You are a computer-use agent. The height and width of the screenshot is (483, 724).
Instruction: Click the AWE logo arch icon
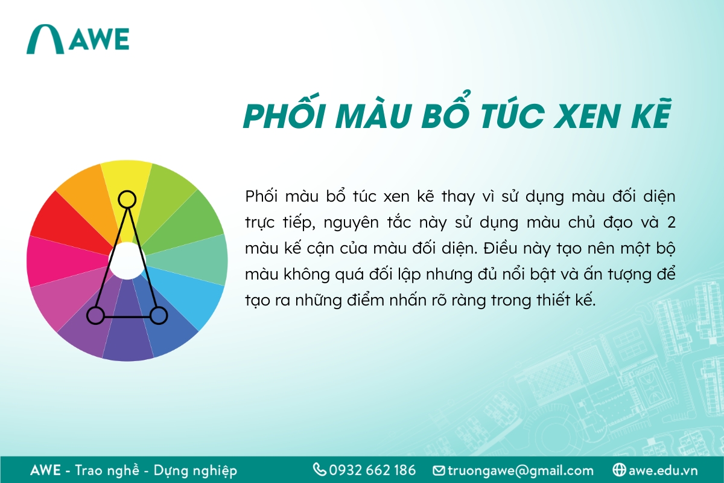(45, 40)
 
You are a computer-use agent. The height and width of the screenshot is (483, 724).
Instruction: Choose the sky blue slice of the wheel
(193, 296)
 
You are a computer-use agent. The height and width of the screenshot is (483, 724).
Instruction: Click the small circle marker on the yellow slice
(127, 199)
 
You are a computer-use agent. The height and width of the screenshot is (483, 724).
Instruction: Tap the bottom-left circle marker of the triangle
(95, 315)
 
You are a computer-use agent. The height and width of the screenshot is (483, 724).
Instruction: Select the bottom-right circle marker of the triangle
(158, 315)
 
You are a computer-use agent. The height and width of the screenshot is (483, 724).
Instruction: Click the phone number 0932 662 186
(372, 470)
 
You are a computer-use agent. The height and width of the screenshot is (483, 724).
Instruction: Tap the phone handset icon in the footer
(319, 470)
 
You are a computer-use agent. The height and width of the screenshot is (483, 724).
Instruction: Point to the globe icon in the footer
(618, 470)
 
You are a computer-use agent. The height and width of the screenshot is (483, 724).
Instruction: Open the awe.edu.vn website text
(663, 470)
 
